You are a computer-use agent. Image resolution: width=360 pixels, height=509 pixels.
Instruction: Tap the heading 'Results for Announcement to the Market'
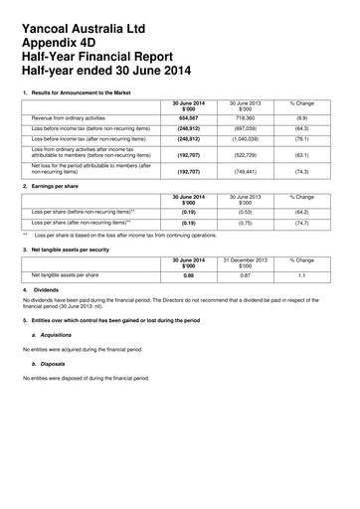coord(83,92)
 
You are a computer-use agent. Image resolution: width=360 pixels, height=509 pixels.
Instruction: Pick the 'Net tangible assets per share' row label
coord(66,274)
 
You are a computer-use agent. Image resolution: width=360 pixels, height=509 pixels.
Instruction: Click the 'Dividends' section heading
coord(48,289)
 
